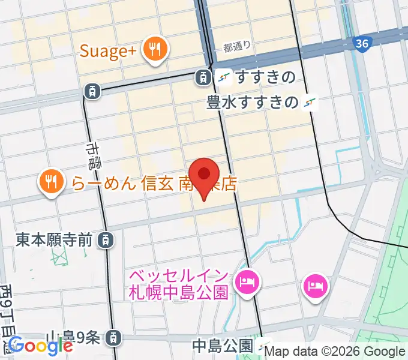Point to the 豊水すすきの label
coord(252,103)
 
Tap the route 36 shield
coord(362,44)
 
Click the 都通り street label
coord(236,47)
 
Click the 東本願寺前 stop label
coord(55,240)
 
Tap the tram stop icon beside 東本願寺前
coord(106,240)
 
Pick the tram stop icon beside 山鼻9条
coord(112,339)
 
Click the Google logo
coord(40,346)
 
